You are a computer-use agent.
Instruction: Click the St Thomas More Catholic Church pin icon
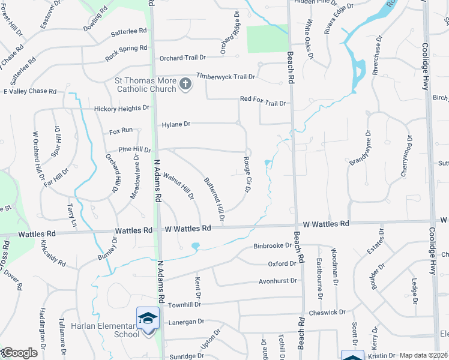click(x=185, y=85)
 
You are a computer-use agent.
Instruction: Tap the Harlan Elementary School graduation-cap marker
click(x=148, y=318)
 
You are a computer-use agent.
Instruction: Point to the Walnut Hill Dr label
click(x=179, y=186)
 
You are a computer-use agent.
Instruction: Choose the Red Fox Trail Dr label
click(x=262, y=103)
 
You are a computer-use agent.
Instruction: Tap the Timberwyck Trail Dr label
click(x=226, y=77)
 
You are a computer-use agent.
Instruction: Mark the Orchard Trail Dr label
click(x=182, y=58)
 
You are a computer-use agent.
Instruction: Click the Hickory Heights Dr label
click(x=121, y=109)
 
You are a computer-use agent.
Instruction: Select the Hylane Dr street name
click(x=176, y=124)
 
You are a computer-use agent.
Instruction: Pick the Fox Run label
click(x=121, y=130)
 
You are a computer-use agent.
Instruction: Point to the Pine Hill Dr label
click(x=134, y=149)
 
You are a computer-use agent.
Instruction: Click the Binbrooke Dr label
click(x=272, y=246)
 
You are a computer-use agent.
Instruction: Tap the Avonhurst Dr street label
click(x=278, y=280)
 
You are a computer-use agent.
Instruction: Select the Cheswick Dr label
click(x=327, y=312)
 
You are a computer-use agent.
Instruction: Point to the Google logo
click(x=19, y=353)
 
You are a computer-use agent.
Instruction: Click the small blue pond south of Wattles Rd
click(x=195, y=245)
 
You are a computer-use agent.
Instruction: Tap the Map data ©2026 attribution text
click(x=424, y=355)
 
